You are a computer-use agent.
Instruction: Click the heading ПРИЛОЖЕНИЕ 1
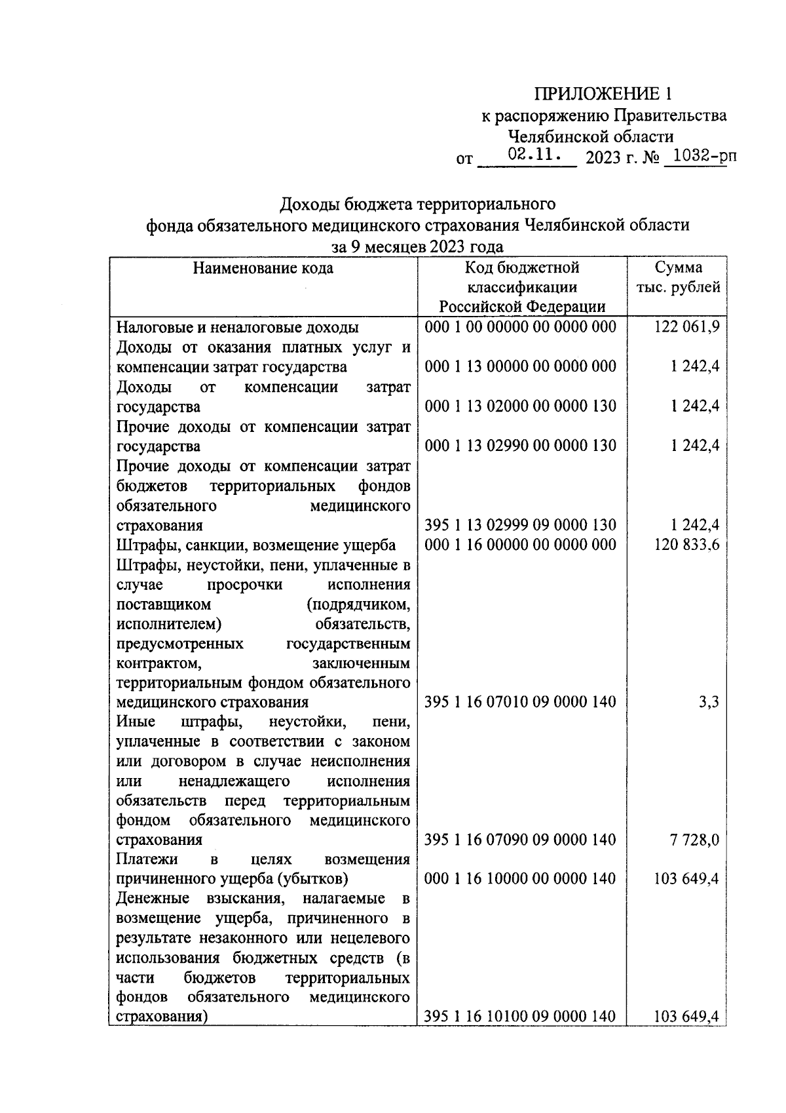click(603, 93)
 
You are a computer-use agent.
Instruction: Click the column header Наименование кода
click(263, 267)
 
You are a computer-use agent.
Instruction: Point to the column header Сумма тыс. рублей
click(678, 277)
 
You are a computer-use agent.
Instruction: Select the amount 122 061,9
click(687, 326)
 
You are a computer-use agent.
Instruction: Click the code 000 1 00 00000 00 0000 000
click(521, 326)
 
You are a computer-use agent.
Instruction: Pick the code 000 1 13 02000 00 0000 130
click(521, 406)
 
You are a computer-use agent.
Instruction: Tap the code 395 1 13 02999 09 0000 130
click(521, 525)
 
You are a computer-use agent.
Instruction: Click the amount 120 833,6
click(687, 544)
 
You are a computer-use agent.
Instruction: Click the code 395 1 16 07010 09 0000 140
click(521, 702)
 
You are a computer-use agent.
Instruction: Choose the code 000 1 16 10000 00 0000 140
click(521, 878)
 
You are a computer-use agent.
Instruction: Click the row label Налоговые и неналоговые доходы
click(238, 326)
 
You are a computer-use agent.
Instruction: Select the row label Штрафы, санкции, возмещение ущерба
click(256, 545)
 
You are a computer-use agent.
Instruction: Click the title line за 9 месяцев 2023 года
click(417, 246)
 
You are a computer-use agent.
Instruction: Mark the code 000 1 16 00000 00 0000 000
click(521, 544)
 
